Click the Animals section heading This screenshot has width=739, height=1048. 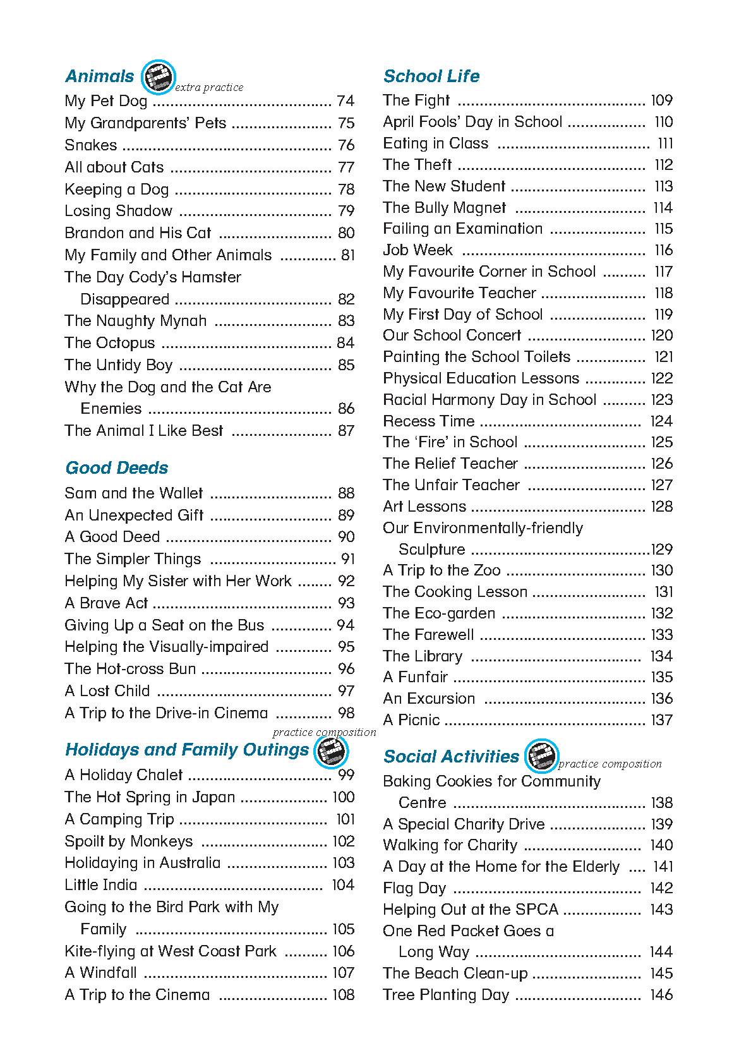[x=99, y=76]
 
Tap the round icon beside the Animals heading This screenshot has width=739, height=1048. [x=157, y=76]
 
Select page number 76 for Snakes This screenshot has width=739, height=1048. [x=346, y=145]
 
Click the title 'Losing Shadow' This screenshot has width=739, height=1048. [x=118, y=211]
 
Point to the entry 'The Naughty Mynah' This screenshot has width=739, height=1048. [x=135, y=321]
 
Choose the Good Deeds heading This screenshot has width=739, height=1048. [x=117, y=468]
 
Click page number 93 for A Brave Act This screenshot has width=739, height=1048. [x=346, y=603]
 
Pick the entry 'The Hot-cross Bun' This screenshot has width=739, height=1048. [x=130, y=669]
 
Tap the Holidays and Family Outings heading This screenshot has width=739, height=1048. [x=187, y=750]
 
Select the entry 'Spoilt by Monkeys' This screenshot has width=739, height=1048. [x=129, y=841]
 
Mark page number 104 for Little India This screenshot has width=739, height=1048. [x=343, y=885]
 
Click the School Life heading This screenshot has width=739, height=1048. [x=431, y=76]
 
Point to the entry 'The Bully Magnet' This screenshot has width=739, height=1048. [x=444, y=208]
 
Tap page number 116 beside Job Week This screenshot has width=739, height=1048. [x=663, y=250]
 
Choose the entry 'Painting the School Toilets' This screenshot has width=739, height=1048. [x=476, y=357]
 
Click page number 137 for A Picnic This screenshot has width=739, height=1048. [x=662, y=720]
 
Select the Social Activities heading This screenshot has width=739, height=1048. [x=451, y=757]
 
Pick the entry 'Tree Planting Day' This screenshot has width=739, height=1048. [x=446, y=995]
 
